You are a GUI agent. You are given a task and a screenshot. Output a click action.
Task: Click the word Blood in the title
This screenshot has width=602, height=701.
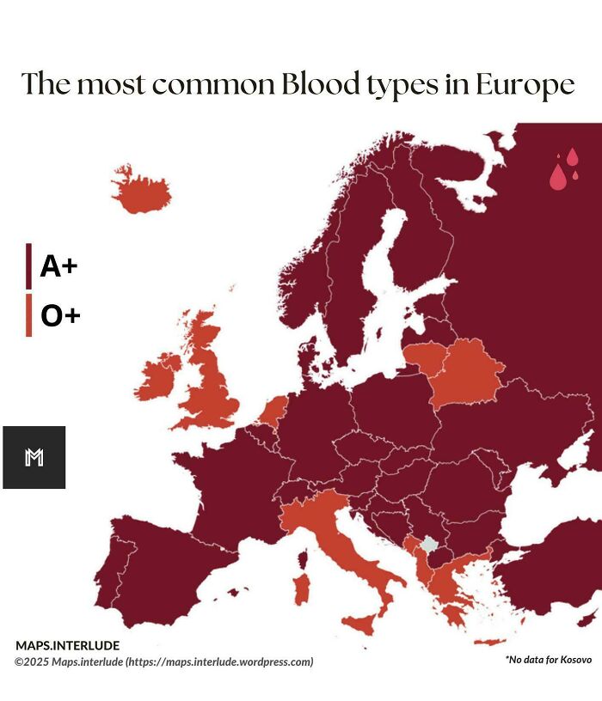pyautogui.click(x=318, y=84)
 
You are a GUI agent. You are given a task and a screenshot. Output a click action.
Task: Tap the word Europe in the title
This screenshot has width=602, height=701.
pyautogui.click(x=527, y=85)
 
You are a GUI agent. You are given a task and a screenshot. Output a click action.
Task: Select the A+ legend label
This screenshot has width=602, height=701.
pyautogui.click(x=58, y=267)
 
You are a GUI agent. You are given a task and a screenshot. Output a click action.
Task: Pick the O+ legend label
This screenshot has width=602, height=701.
pyautogui.click(x=60, y=316)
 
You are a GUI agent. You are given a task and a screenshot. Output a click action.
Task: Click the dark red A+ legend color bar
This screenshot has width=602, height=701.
pyautogui.click(x=28, y=266)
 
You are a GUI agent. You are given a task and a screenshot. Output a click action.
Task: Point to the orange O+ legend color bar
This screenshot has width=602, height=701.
pyautogui.click(x=28, y=315)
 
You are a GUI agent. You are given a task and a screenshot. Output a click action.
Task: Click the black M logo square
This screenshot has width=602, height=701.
pyautogui.click(x=34, y=457)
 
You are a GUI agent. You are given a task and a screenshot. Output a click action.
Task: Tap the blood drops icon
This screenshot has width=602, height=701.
pyautogui.click(x=563, y=169)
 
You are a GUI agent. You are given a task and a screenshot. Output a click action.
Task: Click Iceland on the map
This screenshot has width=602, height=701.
pyautogui.click(x=142, y=192)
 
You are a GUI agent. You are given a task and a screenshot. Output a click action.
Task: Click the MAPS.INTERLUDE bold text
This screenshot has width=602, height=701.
pyautogui.click(x=67, y=645)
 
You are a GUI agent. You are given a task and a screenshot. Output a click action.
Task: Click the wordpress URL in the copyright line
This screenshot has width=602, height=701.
pyautogui.click(x=218, y=661)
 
